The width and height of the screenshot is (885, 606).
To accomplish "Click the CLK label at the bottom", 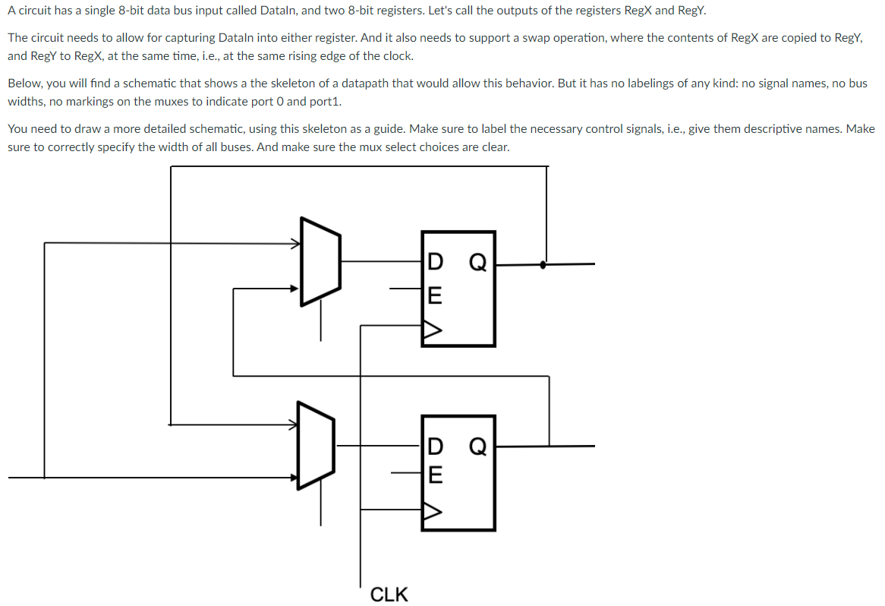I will (389, 594).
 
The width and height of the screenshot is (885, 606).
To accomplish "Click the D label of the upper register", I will (433, 263).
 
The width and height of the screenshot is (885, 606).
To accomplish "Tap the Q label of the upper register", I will (477, 263).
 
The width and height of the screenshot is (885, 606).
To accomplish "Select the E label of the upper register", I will (433, 294).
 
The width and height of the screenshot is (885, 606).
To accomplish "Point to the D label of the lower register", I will (434, 446).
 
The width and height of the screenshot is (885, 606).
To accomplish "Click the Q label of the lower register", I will (477, 446).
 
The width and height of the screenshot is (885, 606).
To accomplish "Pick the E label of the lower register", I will (434, 475).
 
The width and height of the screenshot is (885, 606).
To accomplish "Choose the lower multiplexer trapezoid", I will (316, 445).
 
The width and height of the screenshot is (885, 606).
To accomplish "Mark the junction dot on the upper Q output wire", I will (541, 265).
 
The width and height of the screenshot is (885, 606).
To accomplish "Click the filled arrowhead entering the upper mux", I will (296, 289).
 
